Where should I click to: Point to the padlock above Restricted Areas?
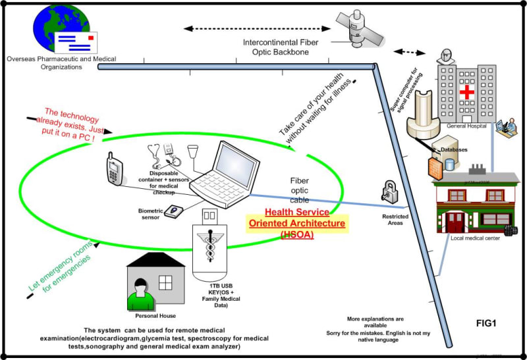click(387, 193)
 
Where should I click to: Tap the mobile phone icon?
click(113, 170)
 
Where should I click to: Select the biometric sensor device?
click(174, 211)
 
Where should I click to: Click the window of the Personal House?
click(165, 282)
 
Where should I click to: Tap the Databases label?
click(454, 150)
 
